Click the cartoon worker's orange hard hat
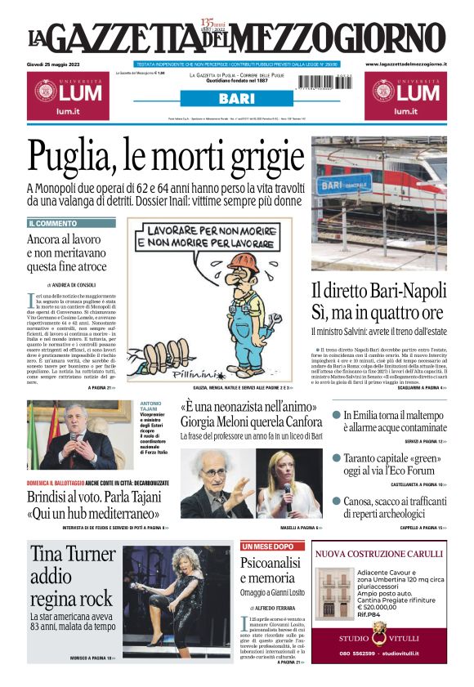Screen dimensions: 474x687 pos(241,262)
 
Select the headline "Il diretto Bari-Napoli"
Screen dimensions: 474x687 pos(378,301)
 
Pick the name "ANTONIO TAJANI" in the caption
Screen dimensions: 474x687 pos(151,408)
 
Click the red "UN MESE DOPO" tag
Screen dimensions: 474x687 pos(268,546)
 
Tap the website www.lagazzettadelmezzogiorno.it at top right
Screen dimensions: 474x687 pos(405,64)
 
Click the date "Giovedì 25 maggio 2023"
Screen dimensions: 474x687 pos(58,64)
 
